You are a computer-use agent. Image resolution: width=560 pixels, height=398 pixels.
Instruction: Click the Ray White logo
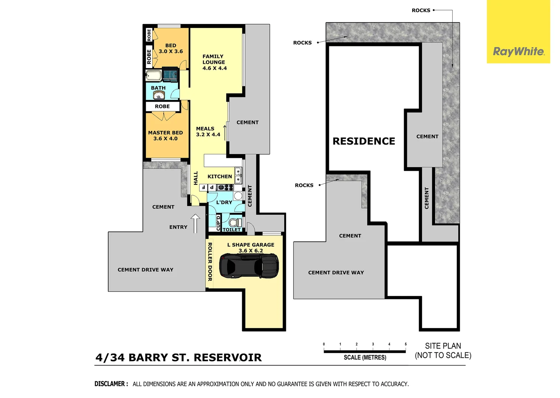coord(518,52)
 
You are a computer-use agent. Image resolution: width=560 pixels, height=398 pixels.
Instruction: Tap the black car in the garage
coord(249,266)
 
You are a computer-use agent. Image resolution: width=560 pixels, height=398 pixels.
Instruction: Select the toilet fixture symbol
coord(235,222)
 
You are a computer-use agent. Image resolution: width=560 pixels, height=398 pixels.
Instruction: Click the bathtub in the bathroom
coord(153,76)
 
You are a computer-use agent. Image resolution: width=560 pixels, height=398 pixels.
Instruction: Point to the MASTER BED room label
coord(166,135)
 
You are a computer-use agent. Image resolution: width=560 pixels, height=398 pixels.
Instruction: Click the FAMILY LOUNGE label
coord(214,62)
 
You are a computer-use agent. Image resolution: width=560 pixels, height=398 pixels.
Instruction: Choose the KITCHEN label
coord(220,177)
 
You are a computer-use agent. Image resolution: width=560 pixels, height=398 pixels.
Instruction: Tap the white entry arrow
coord(195,223)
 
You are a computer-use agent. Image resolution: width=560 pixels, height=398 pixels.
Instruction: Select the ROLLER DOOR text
coord(210,262)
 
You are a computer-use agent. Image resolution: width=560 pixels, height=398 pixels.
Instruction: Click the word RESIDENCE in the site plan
coord(364,141)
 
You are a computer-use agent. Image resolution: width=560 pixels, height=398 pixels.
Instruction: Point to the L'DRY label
coord(224,202)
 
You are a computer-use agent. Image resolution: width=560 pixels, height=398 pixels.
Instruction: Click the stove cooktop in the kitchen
coord(225,188)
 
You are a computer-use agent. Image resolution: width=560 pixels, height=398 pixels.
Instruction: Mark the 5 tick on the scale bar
coord(406,344)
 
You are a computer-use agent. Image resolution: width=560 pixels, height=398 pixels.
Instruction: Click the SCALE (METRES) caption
coord(365,357)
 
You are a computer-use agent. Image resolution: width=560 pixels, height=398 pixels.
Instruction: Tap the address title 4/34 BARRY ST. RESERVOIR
coord(178,357)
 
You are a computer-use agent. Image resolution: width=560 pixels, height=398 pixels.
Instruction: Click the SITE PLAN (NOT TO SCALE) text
coord(443,350)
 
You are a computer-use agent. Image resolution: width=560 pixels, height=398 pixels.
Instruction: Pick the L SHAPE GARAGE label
coord(251,247)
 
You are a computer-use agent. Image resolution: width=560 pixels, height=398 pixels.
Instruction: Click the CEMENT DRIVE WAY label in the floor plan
coord(145,270)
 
